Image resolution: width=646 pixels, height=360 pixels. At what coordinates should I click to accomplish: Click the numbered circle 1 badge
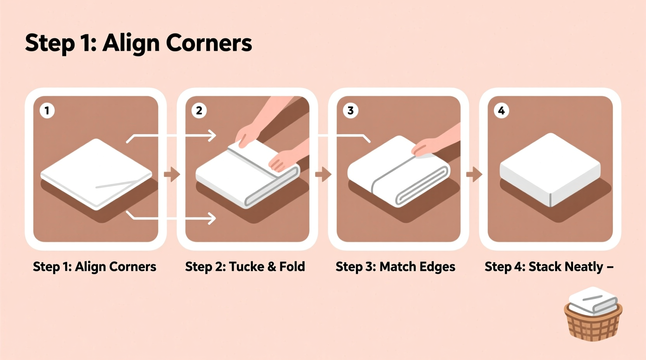[x=47, y=111]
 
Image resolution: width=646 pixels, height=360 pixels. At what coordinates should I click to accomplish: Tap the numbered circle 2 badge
[x=199, y=111]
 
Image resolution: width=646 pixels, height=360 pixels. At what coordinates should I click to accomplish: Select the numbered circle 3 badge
[x=350, y=111]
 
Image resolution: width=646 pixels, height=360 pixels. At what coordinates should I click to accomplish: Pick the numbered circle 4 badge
[x=501, y=111]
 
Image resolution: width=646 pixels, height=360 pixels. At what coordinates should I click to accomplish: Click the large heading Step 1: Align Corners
[x=138, y=43]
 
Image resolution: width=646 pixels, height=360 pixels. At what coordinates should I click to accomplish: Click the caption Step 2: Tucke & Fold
[x=245, y=267]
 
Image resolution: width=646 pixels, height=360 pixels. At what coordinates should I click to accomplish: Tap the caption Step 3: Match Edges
[x=395, y=267]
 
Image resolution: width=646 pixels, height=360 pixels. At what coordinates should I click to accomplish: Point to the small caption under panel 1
[x=94, y=267]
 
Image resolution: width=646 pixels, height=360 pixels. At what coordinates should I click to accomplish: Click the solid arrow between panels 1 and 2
[x=172, y=174]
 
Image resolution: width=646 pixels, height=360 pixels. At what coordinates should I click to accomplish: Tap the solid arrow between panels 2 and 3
[x=323, y=174]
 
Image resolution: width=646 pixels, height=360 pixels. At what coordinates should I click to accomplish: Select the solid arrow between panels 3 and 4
[x=474, y=174]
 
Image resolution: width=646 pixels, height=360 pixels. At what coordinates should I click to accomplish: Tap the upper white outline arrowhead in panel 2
[x=212, y=136]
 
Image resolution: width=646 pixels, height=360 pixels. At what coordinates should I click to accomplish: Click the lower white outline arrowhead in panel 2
[x=212, y=218]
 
